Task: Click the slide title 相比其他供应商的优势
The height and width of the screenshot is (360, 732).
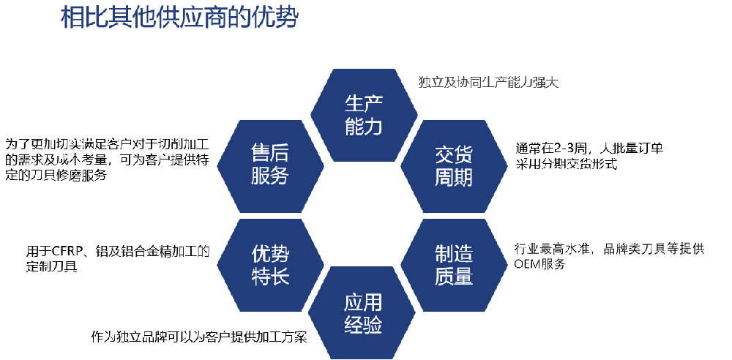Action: [179, 19]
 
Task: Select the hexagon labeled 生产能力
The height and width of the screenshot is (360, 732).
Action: [364, 115]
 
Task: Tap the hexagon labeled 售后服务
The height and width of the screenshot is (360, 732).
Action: [270, 166]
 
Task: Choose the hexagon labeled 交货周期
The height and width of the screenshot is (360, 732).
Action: [454, 166]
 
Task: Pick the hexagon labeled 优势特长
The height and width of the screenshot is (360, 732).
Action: [270, 265]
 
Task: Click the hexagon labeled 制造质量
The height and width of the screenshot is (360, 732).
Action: [454, 265]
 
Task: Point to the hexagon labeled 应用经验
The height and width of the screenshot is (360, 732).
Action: [362, 313]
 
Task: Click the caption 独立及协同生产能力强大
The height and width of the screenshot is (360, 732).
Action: [489, 83]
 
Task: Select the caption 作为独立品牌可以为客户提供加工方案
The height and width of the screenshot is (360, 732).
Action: [199, 337]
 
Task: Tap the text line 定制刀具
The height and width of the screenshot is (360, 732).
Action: [52, 268]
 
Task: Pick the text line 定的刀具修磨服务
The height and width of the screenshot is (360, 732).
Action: [56, 176]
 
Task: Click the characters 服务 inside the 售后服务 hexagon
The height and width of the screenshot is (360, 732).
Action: [270, 176]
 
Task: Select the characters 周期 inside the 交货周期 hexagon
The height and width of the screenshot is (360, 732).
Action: [454, 177]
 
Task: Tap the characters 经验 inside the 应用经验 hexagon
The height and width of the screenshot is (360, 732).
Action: [363, 324]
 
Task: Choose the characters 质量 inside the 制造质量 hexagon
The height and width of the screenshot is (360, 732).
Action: [454, 275]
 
